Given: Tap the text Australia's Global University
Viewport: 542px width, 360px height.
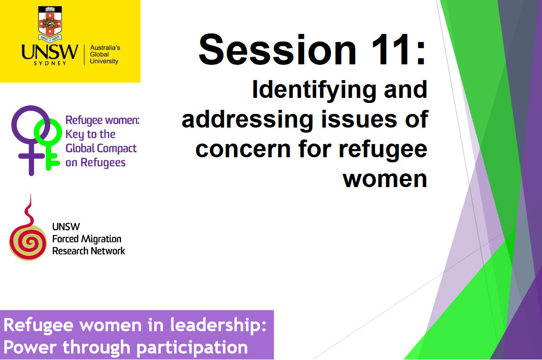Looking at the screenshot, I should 104,54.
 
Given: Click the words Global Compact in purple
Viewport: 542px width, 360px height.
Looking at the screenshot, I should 101,149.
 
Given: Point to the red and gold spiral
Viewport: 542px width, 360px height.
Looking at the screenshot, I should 28,241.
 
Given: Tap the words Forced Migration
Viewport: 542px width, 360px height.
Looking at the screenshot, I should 87,239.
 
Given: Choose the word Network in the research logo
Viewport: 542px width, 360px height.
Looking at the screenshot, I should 106,250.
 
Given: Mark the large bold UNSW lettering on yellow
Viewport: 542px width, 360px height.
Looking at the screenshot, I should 50,52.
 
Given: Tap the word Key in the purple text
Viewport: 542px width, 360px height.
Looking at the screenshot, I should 74,134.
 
